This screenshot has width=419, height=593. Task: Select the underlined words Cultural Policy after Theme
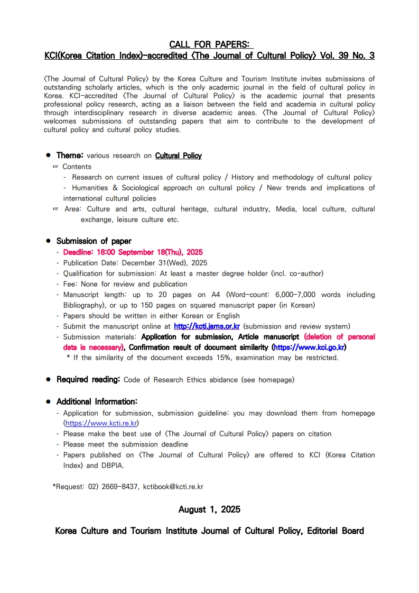[x=178, y=156]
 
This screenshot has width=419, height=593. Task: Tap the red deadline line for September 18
[x=133, y=252]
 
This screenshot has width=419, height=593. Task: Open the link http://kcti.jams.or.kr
[x=207, y=326]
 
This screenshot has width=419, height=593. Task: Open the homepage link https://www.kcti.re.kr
[x=101, y=423]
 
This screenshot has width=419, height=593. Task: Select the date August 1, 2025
[x=209, y=509]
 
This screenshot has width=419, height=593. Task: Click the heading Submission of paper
[x=94, y=241]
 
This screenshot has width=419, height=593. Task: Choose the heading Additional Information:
[x=97, y=402]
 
